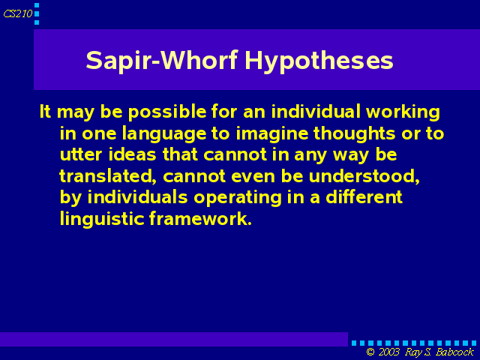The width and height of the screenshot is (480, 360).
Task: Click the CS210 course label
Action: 18,13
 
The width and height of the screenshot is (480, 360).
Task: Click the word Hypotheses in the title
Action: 319,61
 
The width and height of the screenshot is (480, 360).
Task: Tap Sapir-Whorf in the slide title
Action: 162,60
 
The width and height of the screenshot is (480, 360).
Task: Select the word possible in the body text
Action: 167,112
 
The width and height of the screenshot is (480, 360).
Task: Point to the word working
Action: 403,112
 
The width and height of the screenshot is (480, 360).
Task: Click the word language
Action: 163,134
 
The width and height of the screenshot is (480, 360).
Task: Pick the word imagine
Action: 271,134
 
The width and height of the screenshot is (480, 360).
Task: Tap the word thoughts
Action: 354,133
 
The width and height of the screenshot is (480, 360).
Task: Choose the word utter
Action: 81,154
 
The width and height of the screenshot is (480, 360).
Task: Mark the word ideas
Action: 132,154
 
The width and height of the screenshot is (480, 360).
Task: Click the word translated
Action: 108,176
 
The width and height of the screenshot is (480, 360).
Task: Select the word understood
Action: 364,176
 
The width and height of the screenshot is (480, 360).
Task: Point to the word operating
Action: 237,198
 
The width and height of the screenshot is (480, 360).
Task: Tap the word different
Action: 364,197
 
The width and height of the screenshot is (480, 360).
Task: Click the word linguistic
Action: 102,219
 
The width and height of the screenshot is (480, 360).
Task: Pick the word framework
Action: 200,218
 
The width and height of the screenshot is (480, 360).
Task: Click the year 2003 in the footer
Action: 388,352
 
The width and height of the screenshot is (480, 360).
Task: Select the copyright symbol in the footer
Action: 370,352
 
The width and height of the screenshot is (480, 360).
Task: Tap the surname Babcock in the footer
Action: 455,352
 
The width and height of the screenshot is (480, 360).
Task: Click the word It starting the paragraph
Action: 45,112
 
